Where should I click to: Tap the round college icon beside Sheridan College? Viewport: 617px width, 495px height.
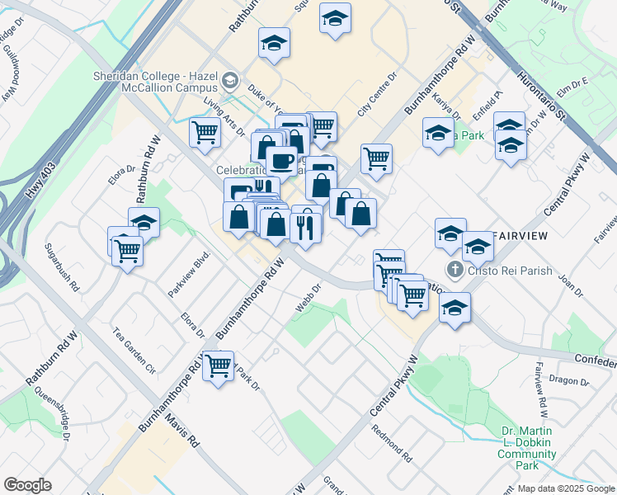click(x=229, y=81)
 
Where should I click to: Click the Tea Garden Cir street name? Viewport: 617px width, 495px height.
click(x=134, y=348)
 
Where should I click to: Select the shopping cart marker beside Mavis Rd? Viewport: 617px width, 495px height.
click(x=219, y=365)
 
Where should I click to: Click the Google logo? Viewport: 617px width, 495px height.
click(x=27, y=485)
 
